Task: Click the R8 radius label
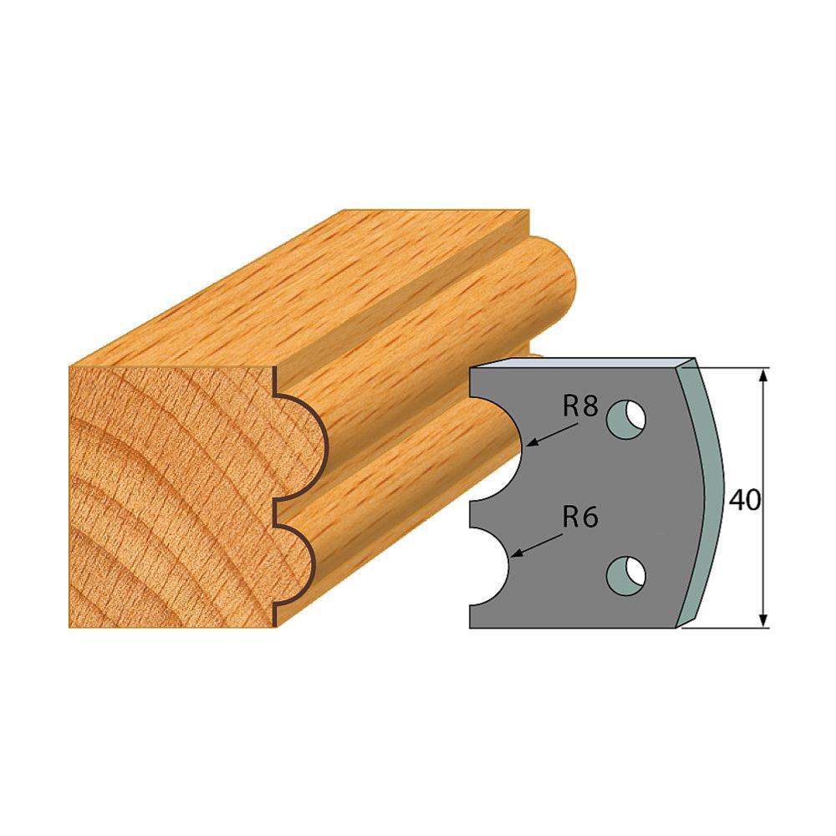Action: pos(581,408)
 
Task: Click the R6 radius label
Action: pos(581,517)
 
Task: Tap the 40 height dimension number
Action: pos(744,500)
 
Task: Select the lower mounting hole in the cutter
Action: pos(626,576)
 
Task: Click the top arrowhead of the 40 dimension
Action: pos(763,375)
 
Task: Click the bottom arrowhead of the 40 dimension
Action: pos(763,620)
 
